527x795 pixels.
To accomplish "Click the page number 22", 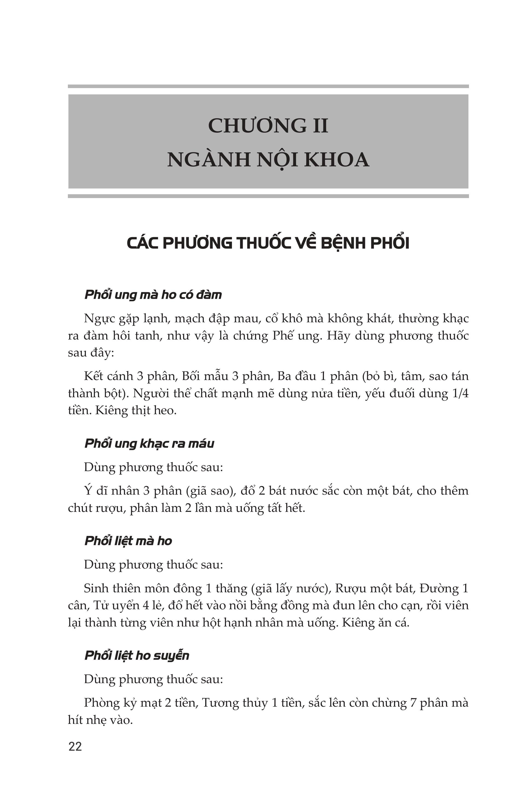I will (75, 747).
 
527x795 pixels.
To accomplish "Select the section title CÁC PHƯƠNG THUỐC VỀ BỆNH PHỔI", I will (268, 243).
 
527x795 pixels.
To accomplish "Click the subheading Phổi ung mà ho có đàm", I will (153, 295).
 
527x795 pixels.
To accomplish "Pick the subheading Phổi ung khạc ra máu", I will (149, 443).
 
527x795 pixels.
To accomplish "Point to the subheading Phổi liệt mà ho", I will (128, 541).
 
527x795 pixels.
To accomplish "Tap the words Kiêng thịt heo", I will (136, 410).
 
